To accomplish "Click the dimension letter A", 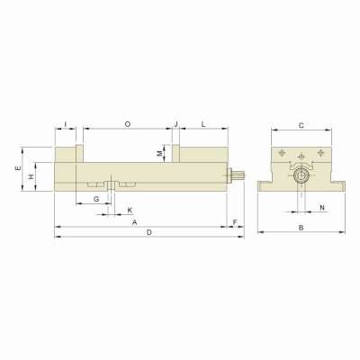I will pos(134,220).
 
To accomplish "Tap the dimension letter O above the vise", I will pos(127,122).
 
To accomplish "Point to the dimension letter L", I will pos(203,122).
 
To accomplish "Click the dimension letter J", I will pos(175,122).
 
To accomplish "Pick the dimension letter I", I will pos(66,122).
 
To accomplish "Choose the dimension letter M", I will pos(159,154).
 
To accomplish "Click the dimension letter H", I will pos(31,177).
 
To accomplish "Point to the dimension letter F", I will pos(235,220).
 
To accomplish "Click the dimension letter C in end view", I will pos(301,124).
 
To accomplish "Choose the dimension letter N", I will pos(322,208).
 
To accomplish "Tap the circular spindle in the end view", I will pos(301,176).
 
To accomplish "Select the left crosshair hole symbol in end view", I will pos(283,151).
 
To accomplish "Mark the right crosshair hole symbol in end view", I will pos(318,151).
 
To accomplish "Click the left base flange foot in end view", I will pos(265,187).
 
